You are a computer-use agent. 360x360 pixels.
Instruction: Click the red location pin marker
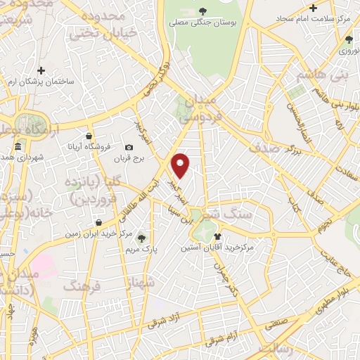[x=181, y=165]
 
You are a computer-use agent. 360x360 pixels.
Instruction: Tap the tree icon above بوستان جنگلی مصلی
[x=203, y=11]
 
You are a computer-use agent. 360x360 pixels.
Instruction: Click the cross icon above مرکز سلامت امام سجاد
[x=314, y=8]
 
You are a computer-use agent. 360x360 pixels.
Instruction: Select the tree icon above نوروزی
[x=347, y=39]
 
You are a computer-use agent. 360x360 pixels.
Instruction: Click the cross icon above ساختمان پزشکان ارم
[x=41, y=70]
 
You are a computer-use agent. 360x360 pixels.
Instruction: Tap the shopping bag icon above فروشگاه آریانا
[x=88, y=136]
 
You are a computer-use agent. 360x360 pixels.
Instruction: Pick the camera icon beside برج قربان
[x=129, y=147]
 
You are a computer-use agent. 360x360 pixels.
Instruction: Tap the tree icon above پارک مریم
[x=144, y=237]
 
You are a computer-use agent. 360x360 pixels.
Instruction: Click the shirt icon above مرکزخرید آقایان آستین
[x=217, y=236]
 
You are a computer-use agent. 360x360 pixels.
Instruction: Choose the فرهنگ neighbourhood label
[x=83, y=285]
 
